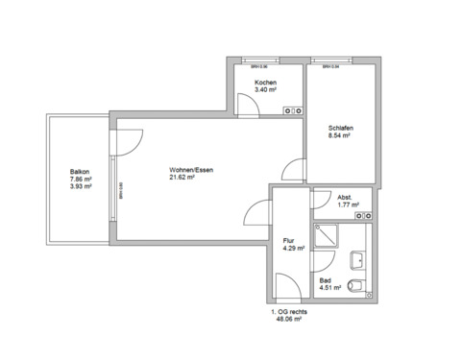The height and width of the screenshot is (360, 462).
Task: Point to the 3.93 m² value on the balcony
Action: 80,186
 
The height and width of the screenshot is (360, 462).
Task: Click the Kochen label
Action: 265,83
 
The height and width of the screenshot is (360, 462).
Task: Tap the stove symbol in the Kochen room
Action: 293,110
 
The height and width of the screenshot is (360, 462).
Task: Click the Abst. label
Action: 346,197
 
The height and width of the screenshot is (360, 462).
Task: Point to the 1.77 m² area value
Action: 348,204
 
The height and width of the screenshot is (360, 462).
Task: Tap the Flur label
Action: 288,241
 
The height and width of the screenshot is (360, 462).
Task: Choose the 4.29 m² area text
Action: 293,249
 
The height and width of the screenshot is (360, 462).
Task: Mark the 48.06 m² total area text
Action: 289,319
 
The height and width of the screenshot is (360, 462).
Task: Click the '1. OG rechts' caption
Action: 290,312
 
